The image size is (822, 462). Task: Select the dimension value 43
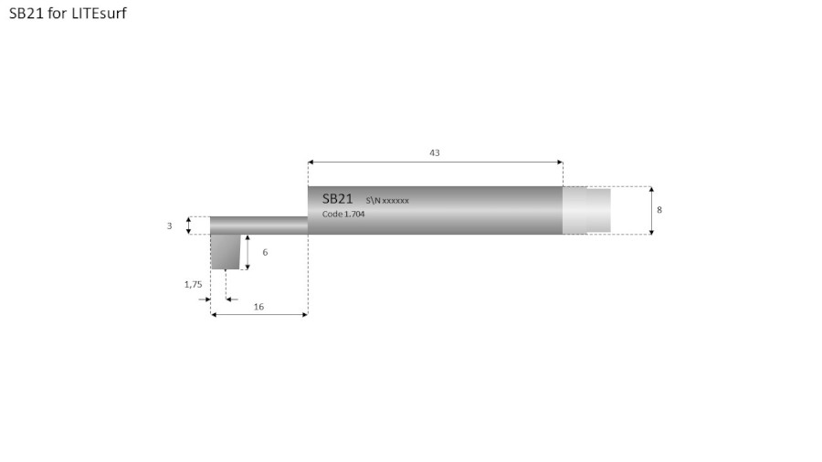435,152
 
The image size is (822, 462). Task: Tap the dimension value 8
659,210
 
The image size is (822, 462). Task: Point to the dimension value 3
169,226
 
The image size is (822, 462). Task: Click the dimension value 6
265,251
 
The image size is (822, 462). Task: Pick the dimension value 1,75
193,284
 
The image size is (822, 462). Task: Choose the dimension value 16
258,307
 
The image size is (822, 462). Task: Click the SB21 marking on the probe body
337,198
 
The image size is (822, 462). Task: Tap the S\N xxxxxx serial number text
387,199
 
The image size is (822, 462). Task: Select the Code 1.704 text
344,215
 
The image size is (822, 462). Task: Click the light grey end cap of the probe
586,210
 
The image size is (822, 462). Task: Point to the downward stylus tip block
227,252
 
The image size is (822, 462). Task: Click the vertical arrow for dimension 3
189,226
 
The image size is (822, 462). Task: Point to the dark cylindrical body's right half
493,211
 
